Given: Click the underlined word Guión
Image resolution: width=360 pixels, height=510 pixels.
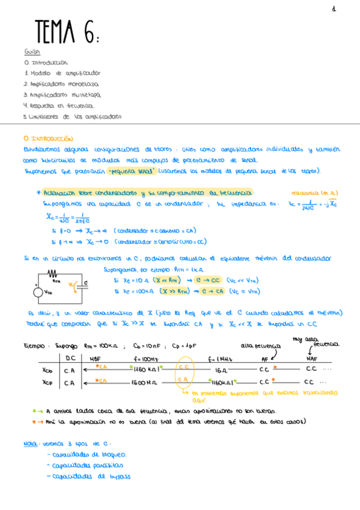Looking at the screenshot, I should coord(32,52).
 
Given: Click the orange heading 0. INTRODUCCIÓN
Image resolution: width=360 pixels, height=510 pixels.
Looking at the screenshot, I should coord(47,138).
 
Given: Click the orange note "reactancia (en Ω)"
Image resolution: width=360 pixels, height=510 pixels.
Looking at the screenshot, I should coord(309,193).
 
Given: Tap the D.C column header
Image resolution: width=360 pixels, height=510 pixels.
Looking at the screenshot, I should coord(70,358).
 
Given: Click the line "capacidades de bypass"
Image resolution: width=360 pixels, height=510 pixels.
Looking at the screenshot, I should coord(90,476).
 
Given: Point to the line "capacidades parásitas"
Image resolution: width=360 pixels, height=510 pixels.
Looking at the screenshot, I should coord(88,465).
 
